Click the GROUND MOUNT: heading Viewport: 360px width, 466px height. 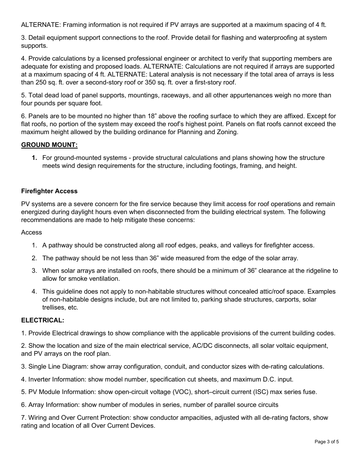[x=49, y=145]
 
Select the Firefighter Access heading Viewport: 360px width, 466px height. [x=49, y=191]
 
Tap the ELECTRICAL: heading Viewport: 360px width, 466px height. [x=42, y=320]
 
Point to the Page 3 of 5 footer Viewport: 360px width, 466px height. [x=327, y=441]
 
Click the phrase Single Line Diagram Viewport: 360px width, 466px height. [x=53, y=366]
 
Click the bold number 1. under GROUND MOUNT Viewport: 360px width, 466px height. [x=34, y=158]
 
